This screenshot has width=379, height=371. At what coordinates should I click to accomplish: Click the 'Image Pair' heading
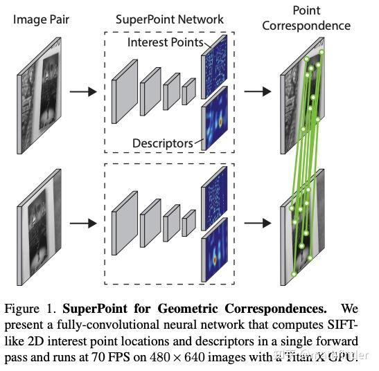pos(41,20)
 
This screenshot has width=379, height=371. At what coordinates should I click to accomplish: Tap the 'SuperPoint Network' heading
pos(170,19)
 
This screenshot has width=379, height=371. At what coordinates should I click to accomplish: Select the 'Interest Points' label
pos(166,42)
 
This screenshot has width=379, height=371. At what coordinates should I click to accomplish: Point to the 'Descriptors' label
pos(163,143)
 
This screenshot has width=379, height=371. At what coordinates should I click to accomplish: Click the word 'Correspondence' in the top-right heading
pos(306,26)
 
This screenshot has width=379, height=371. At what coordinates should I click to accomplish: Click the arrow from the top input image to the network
pos(83,92)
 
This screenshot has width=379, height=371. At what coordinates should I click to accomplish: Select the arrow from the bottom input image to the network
pos(83,223)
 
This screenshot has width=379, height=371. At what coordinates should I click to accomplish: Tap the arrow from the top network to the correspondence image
pos(258,91)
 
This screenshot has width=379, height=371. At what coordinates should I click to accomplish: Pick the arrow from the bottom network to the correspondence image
pos(258,223)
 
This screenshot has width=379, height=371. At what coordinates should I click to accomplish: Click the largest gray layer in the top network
pos(125,92)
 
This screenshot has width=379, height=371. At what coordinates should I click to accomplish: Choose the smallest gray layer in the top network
pos(188,91)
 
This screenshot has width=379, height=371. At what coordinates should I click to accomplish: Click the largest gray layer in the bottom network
pos(125,223)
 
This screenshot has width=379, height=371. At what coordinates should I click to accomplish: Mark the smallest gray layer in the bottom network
pos(188,223)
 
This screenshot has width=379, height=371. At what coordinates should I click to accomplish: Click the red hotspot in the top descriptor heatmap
pos(220,122)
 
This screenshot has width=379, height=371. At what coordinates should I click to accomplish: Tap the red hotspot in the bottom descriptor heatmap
pos(215,260)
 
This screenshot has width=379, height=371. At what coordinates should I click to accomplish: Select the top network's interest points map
pos(214,67)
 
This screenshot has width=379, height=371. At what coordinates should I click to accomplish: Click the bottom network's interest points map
pos(214,199)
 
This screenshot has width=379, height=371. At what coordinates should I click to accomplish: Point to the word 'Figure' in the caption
pos(21,309)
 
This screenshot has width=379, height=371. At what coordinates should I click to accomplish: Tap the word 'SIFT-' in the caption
pos(342,325)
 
